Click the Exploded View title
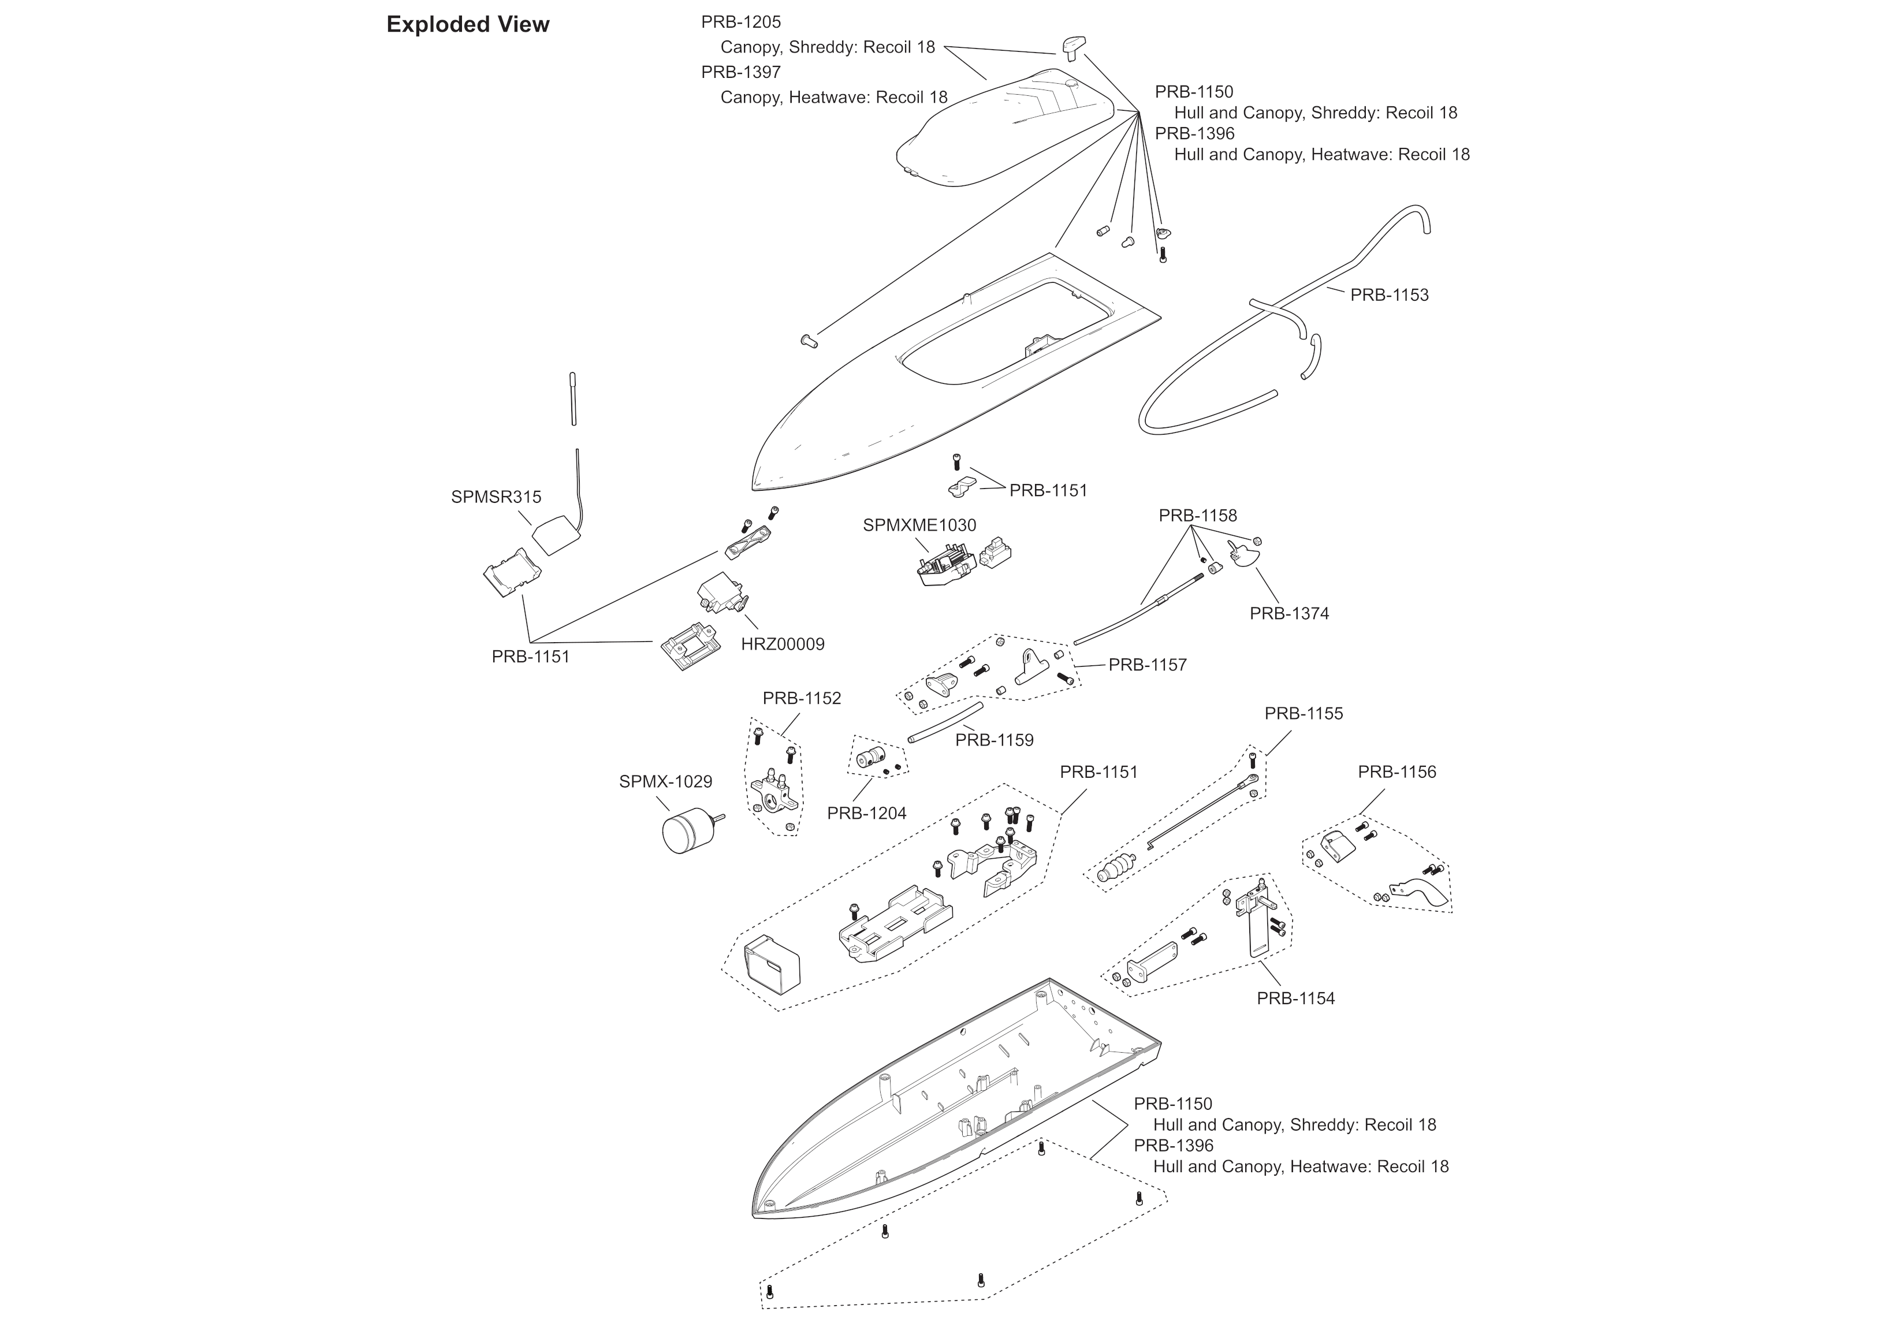[468, 24]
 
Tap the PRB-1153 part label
[1389, 295]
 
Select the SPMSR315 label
[496, 497]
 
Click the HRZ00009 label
[783, 644]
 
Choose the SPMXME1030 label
[919, 525]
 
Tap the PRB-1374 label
[1289, 613]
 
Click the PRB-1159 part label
[994, 740]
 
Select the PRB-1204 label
[866, 814]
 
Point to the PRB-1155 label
[1303, 714]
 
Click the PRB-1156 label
[1396, 772]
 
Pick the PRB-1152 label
[801, 698]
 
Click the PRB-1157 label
[1147, 666]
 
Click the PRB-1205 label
[740, 22]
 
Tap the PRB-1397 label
[740, 72]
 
